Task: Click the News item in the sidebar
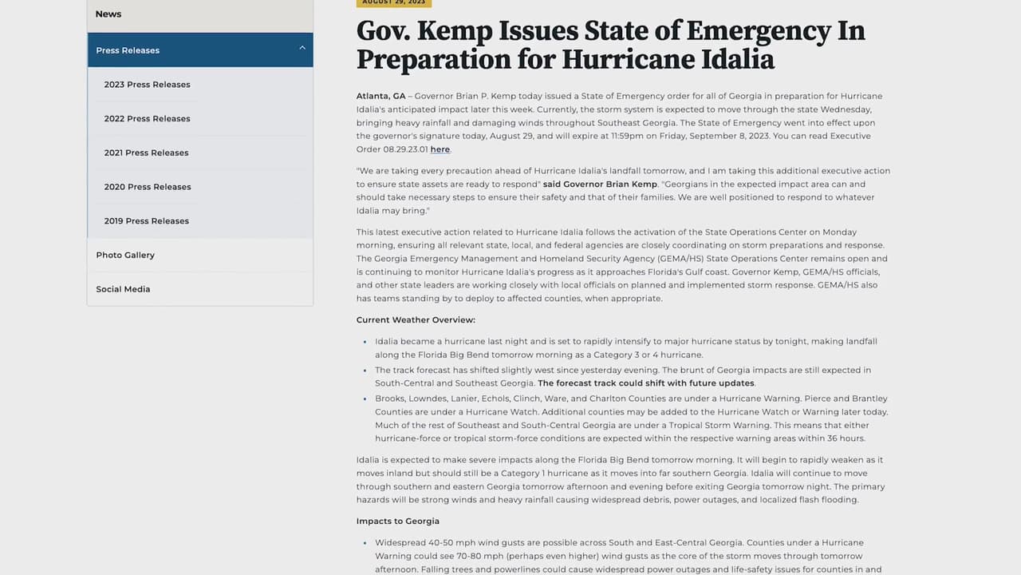108,14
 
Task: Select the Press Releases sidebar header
128,50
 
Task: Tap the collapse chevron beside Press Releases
302,49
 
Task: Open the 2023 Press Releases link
147,85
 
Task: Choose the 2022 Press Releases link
147,119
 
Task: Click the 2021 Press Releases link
146,153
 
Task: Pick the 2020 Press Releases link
147,187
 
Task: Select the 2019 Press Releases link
146,221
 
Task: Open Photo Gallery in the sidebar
125,256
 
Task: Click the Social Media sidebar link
123,289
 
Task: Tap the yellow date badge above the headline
393,2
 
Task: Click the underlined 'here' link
440,149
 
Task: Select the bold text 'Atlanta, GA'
380,97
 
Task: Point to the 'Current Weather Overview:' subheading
416,320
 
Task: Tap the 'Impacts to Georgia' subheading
398,521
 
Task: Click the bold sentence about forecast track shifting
646,383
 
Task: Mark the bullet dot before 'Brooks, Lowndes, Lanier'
365,399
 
